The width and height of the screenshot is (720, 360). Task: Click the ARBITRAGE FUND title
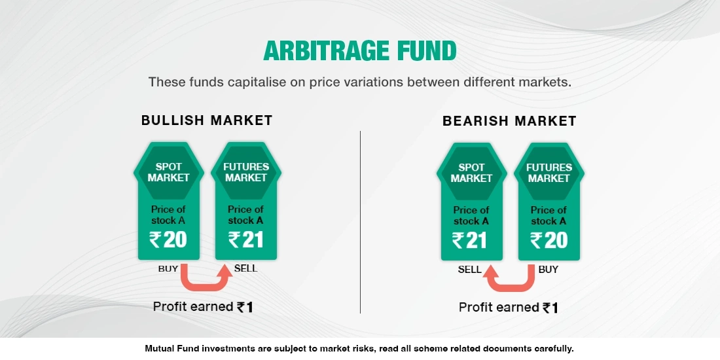click(359, 50)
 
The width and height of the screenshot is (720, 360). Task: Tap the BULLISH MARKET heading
click(207, 120)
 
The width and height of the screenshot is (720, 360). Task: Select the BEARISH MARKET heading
click(509, 121)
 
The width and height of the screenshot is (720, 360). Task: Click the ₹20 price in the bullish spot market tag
click(168, 240)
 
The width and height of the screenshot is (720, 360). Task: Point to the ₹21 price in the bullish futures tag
click(245, 240)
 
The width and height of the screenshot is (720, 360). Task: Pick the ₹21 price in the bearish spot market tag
click(470, 241)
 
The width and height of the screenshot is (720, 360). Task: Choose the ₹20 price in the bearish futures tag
click(549, 241)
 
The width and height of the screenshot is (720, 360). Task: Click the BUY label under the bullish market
click(168, 268)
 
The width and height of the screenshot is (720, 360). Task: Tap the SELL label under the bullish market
click(245, 268)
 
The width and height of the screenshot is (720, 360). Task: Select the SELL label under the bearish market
click(470, 269)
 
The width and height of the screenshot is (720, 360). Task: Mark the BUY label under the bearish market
click(549, 269)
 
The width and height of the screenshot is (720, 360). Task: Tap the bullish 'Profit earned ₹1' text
click(203, 306)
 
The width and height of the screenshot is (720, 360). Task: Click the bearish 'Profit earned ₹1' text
click(509, 307)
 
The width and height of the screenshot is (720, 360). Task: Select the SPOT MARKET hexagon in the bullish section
click(168, 172)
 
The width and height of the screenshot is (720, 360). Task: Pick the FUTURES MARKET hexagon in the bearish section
click(549, 173)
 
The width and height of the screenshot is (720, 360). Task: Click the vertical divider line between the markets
click(361, 223)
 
